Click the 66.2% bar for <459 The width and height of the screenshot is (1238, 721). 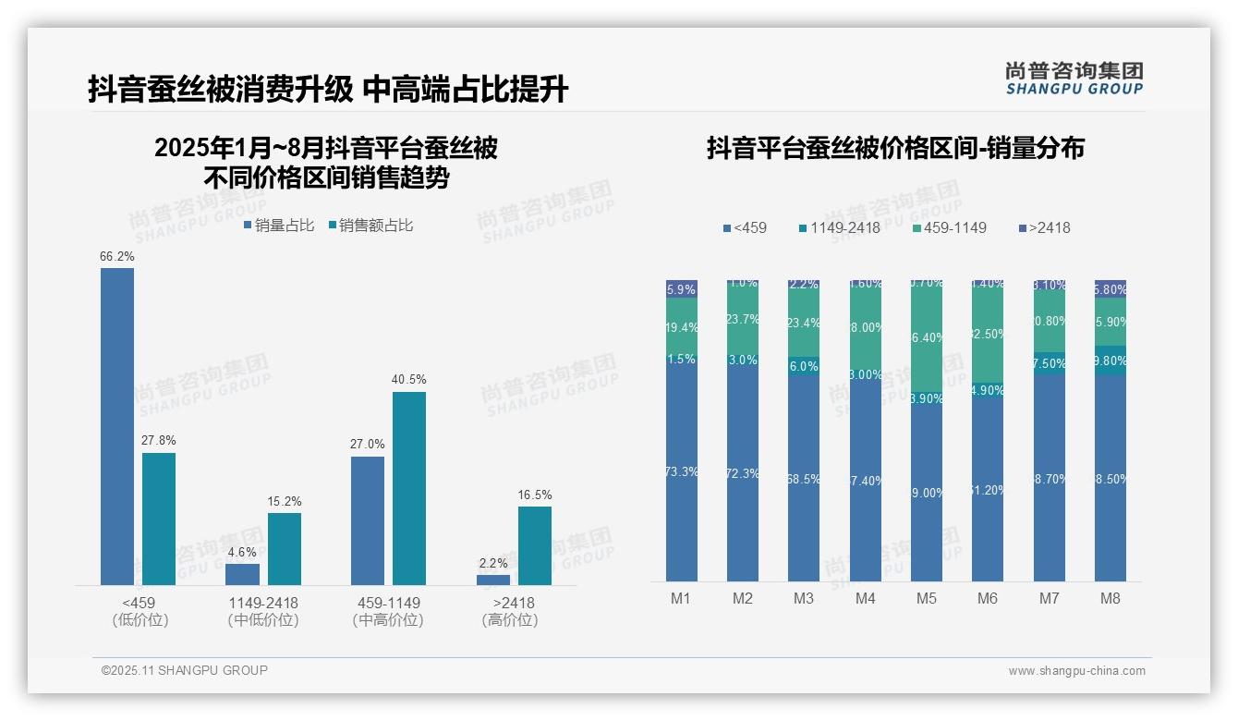coord(117,426)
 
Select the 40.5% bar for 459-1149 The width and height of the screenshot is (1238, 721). coord(409,488)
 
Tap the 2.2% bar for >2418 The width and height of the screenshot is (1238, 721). coord(493,580)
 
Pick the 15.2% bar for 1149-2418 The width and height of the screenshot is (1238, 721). coord(285,549)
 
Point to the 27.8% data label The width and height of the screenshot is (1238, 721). coord(159,441)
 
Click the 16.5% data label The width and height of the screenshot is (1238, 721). coord(535,495)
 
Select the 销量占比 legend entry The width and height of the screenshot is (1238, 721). coord(279,226)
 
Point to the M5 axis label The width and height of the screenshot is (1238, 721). coord(926,598)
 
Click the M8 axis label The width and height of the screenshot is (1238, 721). coord(1110,598)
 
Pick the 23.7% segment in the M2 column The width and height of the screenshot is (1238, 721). coord(743,319)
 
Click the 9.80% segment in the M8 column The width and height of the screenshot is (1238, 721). coord(1111,360)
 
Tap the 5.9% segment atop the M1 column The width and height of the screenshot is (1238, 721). coord(682,288)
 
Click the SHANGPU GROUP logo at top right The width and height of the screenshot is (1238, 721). coord(1074,79)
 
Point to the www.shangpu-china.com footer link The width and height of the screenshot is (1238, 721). coord(1076,671)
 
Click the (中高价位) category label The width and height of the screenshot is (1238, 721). coord(388,620)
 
